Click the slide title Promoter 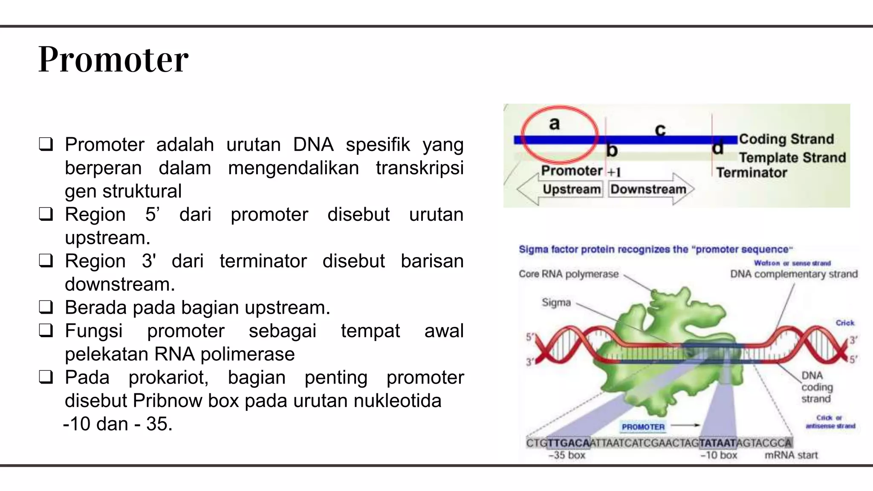click(x=113, y=60)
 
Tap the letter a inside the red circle click(x=554, y=124)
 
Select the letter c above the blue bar click(x=660, y=130)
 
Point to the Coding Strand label click(x=786, y=139)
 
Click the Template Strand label click(x=792, y=158)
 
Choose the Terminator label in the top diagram click(x=751, y=173)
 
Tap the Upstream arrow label click(x=571, y=189)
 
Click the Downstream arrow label click(x=648, y=189)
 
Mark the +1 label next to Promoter click(x=614, y=172)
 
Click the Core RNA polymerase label click(x=568, y=274)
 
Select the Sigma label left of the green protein click(x=556, y=303)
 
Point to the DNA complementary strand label click(x=794, y=274)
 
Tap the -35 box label click(x=567, y=455)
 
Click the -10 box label click(x=719, y=455)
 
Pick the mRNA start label click(x=791, y=455)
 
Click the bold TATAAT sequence click(x=718, y=443)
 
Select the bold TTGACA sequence click(x=568, y=443)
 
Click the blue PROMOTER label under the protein click(x=643, y=427)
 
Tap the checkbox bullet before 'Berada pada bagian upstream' click(x=46, y=307)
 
